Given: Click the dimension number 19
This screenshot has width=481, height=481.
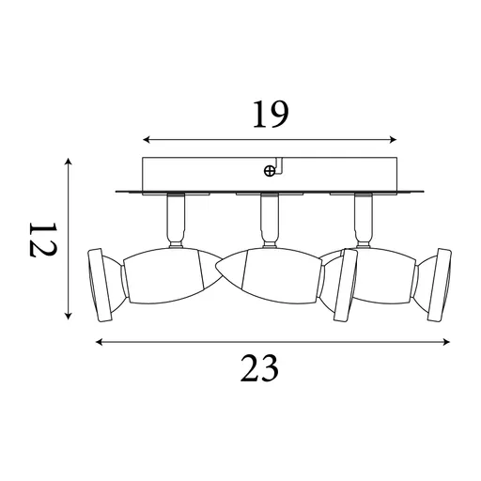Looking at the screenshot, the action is click(271, 115).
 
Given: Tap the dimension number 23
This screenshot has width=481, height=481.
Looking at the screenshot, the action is click(259, 368).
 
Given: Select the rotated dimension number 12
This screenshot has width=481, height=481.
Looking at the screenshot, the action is click(42, 240).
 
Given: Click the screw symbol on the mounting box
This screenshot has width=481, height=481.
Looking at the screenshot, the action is click(270, 171).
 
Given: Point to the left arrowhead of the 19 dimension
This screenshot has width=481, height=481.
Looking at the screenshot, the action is click(147, 140).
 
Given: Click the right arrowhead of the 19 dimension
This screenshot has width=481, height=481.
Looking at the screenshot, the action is click(393, 140).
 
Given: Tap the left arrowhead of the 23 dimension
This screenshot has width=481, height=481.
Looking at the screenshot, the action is click(100, 342).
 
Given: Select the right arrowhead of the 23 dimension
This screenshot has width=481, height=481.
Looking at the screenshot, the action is click(446, 342).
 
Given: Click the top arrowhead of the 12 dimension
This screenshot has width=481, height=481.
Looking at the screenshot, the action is click(69, 163).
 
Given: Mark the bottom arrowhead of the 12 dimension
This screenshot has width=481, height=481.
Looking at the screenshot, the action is click(69, 316).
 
